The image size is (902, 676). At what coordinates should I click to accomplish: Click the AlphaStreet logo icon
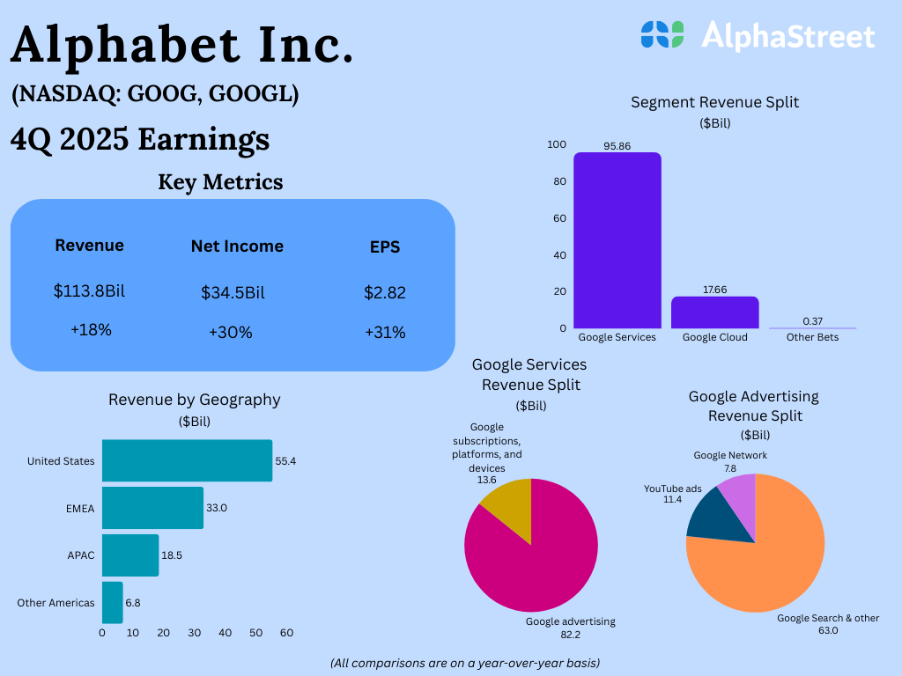tap(662, 34)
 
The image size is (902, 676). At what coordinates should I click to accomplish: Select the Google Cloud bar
tap(714, 312)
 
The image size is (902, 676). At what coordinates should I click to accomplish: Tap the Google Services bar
tap(617, 240)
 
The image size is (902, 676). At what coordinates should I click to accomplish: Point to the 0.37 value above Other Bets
tap(812, 321)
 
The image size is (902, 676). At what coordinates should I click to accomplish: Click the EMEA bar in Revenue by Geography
tap(152, 508)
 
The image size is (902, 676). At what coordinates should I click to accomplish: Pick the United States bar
tap(187, 460)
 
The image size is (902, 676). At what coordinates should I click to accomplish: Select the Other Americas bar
tap(112, 602)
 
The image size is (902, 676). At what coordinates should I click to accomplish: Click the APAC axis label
tap(80, 555)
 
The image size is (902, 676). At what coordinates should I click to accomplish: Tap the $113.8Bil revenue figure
tap(89, 290)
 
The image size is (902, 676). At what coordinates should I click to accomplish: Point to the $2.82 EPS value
tap(385, 292)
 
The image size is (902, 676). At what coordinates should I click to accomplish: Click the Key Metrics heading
tap(220, 182)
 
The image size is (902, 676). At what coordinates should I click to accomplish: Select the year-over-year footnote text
tap(465, 662)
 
